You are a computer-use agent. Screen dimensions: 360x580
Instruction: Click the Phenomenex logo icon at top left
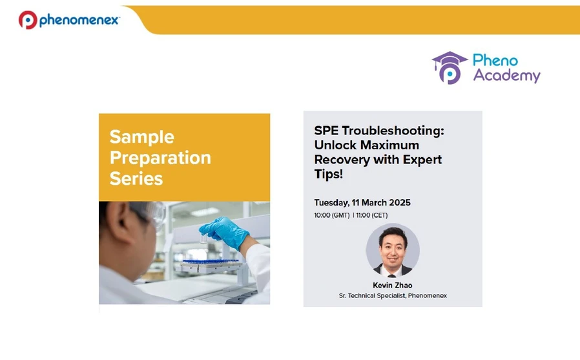28,20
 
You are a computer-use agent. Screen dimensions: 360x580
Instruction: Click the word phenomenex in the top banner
79,21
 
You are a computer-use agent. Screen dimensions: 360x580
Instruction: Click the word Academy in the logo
506,76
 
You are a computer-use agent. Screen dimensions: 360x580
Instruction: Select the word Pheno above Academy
495,60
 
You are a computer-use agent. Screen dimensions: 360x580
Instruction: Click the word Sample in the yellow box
141,137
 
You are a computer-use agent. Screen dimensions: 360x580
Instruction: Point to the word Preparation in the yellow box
160,158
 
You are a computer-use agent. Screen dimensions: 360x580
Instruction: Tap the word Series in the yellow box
136,179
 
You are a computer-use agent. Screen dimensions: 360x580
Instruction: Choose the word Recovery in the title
342,159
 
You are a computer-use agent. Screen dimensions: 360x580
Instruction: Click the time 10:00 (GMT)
332,215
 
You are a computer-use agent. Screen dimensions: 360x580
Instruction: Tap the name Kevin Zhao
393,285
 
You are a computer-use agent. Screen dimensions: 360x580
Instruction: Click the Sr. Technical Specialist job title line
393,295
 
